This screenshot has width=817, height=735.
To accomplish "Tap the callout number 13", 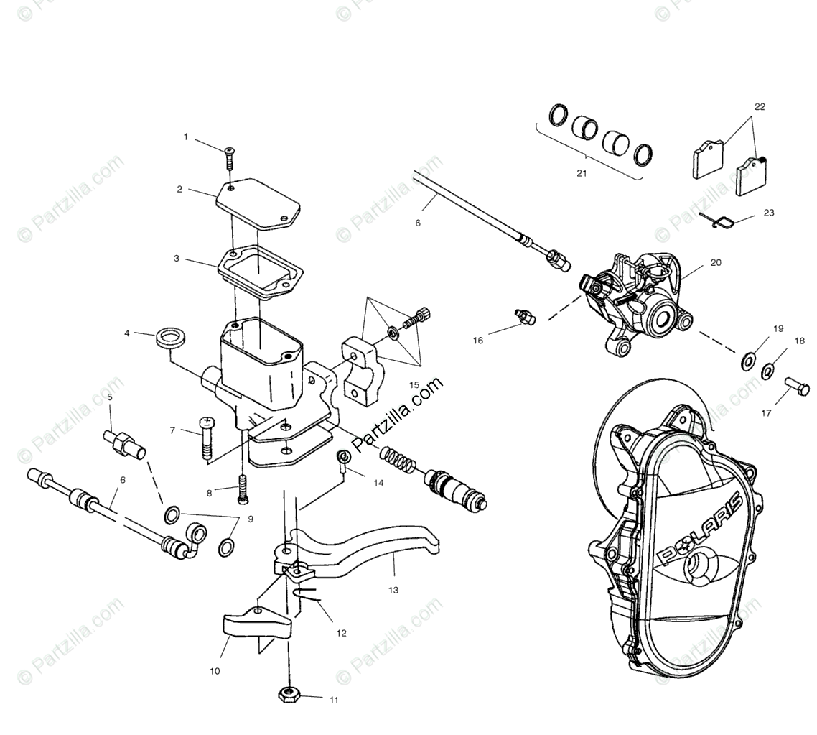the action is point(393,590).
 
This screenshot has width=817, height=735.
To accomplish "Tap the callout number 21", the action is point(582,173).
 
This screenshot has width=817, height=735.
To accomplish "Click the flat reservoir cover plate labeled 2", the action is point(258,203).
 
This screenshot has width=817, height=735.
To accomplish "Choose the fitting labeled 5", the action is point(124,443).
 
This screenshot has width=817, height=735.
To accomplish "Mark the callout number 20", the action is point(716,262).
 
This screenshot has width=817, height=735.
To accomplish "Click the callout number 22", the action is point(760,106).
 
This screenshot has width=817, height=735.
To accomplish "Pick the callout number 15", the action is point(414,385).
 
